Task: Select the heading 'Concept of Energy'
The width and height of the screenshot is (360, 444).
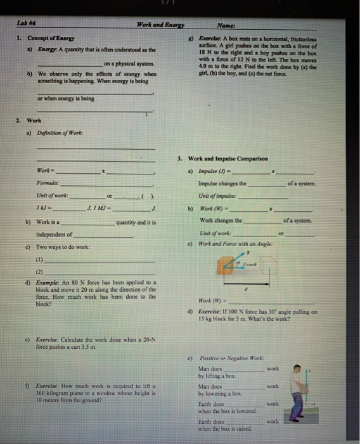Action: coord(51,39)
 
